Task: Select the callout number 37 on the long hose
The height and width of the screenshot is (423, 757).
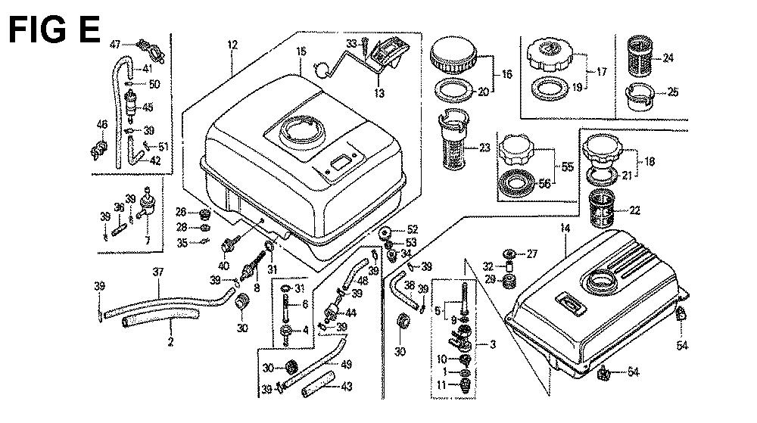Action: (x=157, y=272)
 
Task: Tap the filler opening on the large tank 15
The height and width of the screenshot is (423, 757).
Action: (x=301, y=133)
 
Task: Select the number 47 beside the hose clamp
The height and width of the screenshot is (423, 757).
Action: (x=115, y=43)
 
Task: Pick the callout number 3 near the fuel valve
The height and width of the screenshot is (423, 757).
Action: (x=492, y=345)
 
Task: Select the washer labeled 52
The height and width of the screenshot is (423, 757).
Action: (x=386, y=231)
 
